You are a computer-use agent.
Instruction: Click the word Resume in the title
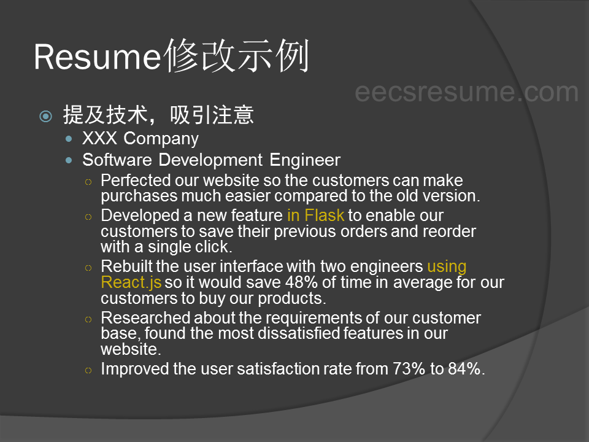pos(98,57)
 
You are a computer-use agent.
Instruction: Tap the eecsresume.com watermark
pos(466,91)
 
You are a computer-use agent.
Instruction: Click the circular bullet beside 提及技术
pos(46,116)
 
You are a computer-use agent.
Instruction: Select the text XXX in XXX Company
pos(99,138)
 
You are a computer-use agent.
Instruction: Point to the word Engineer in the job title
pos(305,160)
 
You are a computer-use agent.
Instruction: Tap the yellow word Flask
pos(324,215)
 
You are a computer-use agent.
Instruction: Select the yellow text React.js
pos(131,282)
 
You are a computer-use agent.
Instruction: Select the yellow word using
pos(447,267)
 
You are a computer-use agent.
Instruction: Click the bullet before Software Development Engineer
pos(68,160)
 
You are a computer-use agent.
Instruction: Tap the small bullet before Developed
pos(88,217)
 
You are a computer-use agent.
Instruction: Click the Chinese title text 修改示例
pos(237,56)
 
